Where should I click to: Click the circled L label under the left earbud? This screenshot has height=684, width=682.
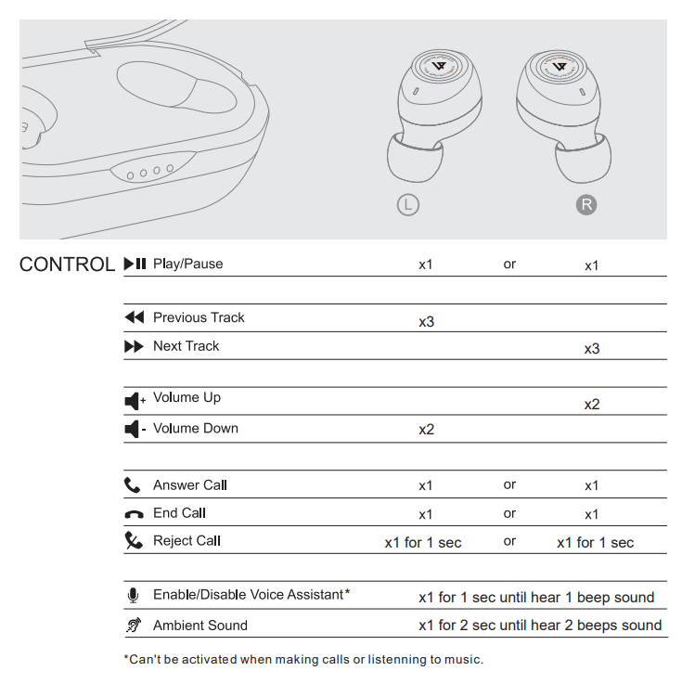click(x=407, y=204)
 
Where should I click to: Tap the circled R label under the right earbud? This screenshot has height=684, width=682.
click(x=586, y=204)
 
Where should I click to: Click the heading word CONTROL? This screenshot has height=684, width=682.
click(x=67, y=265)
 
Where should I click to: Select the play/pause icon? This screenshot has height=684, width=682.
click(x=135, y=264)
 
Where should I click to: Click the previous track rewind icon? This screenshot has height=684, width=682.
click(x=135, y=317)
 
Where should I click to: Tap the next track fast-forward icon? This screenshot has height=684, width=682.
click(x=135, y=346)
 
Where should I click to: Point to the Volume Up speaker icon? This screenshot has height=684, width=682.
click(x=135, y=401)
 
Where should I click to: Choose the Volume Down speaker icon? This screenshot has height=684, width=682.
click(x=135, y=430)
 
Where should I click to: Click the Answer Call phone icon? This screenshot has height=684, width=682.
click(x=133, y=485)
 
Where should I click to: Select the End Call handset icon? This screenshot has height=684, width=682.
click(x=133, y=514)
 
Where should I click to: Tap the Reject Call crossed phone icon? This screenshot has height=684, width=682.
click(x=134, y=541)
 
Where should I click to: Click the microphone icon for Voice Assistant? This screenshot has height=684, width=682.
click(x=133, y=596)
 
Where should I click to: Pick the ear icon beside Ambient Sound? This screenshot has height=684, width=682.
click(x=133, y=626)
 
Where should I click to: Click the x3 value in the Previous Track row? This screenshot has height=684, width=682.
click(x=426, y=322)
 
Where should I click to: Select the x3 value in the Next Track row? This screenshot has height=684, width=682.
click(x=592, y=349)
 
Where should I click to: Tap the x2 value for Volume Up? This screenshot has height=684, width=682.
click(x=592, y=405)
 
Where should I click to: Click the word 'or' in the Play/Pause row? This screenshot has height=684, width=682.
click(x=509, y=265)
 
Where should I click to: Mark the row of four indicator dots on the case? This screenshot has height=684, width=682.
click(x=150, y=173)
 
